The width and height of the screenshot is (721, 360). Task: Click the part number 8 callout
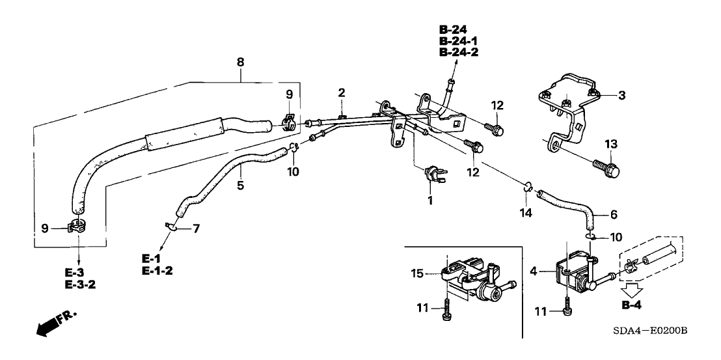coord(240,63)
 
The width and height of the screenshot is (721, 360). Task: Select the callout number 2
coord(340,94)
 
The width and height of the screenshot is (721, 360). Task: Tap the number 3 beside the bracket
coord(621,96)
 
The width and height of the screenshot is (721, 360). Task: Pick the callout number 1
coord(429,201)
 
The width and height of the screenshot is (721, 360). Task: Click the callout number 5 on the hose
coord(241,185)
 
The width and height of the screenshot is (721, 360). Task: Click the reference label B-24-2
coord(458,53)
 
